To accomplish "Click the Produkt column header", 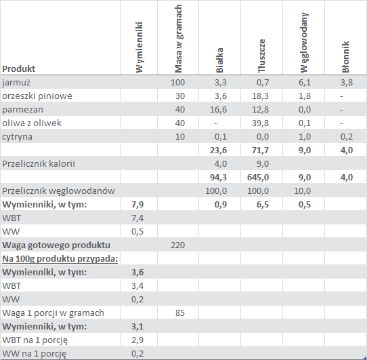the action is [18, 68].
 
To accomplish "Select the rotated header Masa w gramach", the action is [178, 39].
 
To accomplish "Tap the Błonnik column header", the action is [345, 57].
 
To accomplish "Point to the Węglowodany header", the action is [304, 43].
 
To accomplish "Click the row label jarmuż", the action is [16, 83].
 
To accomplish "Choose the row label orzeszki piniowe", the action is [37, 96].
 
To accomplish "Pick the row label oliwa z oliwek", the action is [32, 123].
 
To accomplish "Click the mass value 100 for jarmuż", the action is [177, 83].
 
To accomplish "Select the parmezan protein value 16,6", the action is [218, 110].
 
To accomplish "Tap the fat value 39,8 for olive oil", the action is [260, 123].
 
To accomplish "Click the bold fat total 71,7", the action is [260, 151].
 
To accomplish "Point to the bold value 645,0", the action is [258, 178].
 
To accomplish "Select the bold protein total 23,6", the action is [218, 151].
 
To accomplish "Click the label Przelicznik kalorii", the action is [39, 164].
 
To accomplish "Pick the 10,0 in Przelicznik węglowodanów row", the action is [302, 191].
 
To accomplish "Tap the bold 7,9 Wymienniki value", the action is [137, 205].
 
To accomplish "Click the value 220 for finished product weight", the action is [177, 245].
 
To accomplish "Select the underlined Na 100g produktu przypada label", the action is [60, 259].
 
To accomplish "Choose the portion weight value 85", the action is [180, 313].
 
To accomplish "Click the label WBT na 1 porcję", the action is [35, 340].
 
